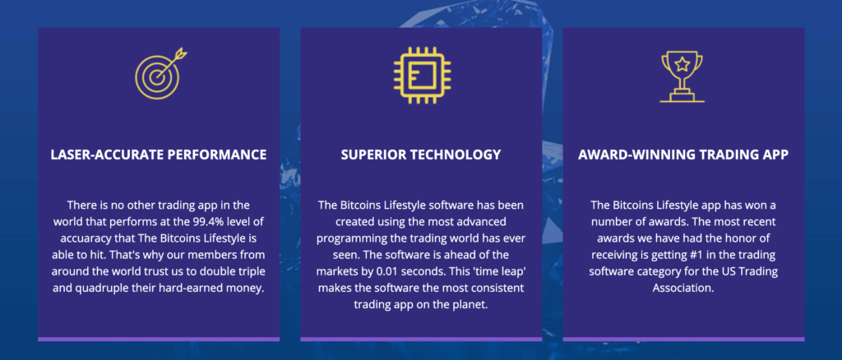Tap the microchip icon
422,75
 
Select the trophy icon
682,76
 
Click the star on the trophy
682,65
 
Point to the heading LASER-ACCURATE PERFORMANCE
159,155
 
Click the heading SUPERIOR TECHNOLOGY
421,155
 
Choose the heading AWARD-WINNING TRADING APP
683,155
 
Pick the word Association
683,288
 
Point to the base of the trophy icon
682,97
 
